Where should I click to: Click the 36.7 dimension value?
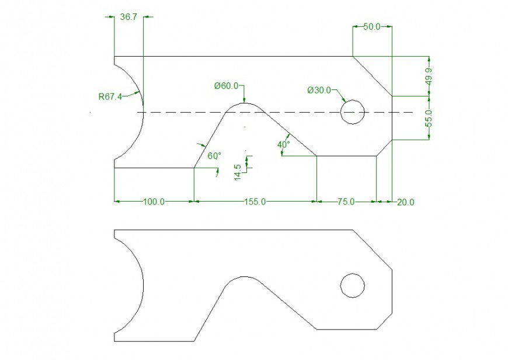click(128, 18)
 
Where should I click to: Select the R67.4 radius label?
click(110, 96)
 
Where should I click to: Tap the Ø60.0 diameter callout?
click(226, 86)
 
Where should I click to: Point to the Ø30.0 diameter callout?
click(319, 90)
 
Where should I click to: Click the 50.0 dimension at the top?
click(371, 27)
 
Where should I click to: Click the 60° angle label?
click(214, 156)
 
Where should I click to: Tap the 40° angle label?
click(284, 144)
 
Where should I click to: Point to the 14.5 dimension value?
click(237, 172)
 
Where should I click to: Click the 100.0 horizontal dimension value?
click(154, 202)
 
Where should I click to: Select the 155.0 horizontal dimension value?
click(255, 202)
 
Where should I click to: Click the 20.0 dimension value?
click(405, 202)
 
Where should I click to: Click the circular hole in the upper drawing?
click(353, 112)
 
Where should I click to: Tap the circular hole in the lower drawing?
click(353, 285)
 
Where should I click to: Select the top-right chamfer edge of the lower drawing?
click(373, 250)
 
